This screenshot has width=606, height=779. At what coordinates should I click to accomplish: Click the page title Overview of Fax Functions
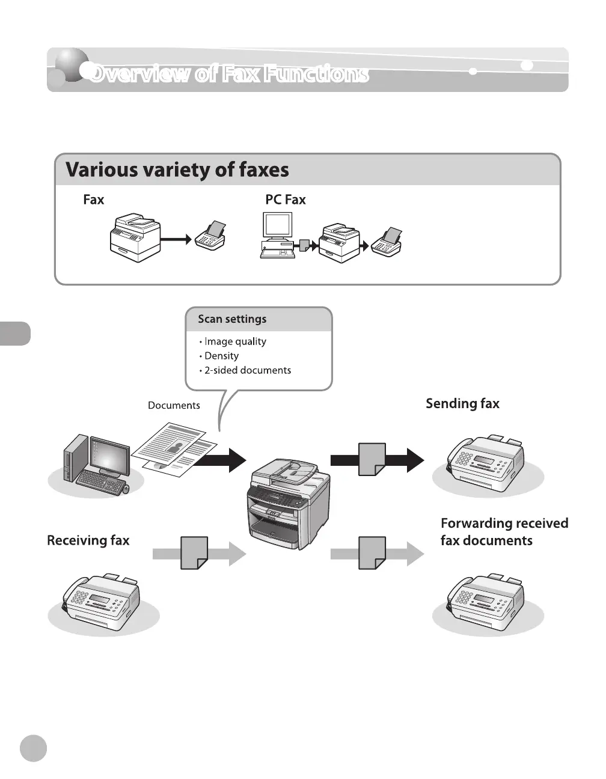(228, 73)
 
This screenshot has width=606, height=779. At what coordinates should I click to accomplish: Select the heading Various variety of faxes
(177, 170)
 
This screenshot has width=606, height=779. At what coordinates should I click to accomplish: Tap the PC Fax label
(285, 200)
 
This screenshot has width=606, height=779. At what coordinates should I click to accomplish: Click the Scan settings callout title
(232, 319)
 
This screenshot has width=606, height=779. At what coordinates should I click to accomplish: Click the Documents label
(174, 405)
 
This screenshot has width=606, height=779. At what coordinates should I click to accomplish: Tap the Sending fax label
(462, 403)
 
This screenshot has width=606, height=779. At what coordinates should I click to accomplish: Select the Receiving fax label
(88, 540)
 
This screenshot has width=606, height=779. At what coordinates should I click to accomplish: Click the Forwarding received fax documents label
(504, 532)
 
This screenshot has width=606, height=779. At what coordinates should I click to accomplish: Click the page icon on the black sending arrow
(372, 460)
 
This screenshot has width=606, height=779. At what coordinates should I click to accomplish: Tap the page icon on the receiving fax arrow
(194, 553)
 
